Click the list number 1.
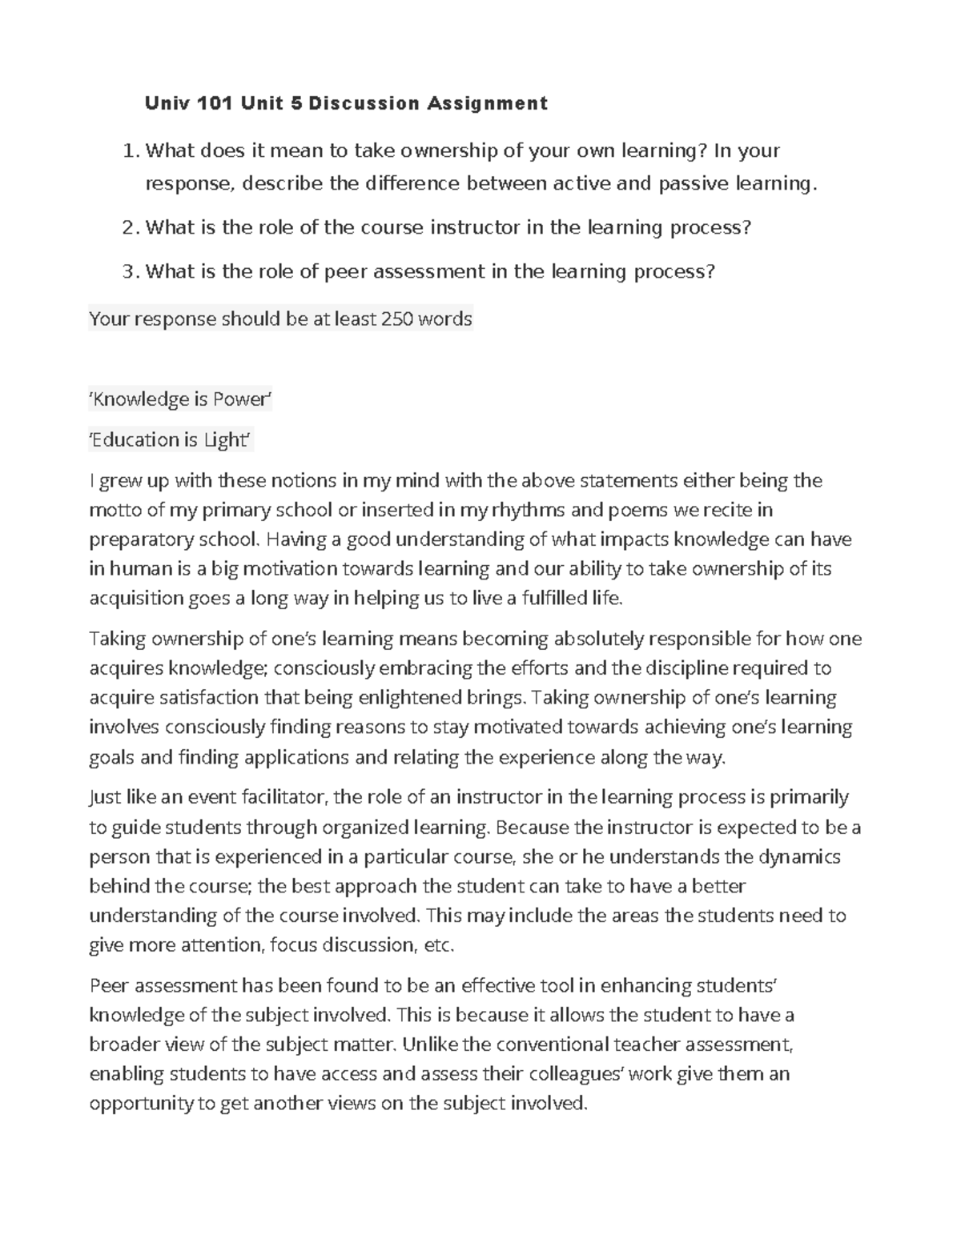(x=130, y=151)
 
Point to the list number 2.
(x=130, y=228)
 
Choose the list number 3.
(x=130, y=272)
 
